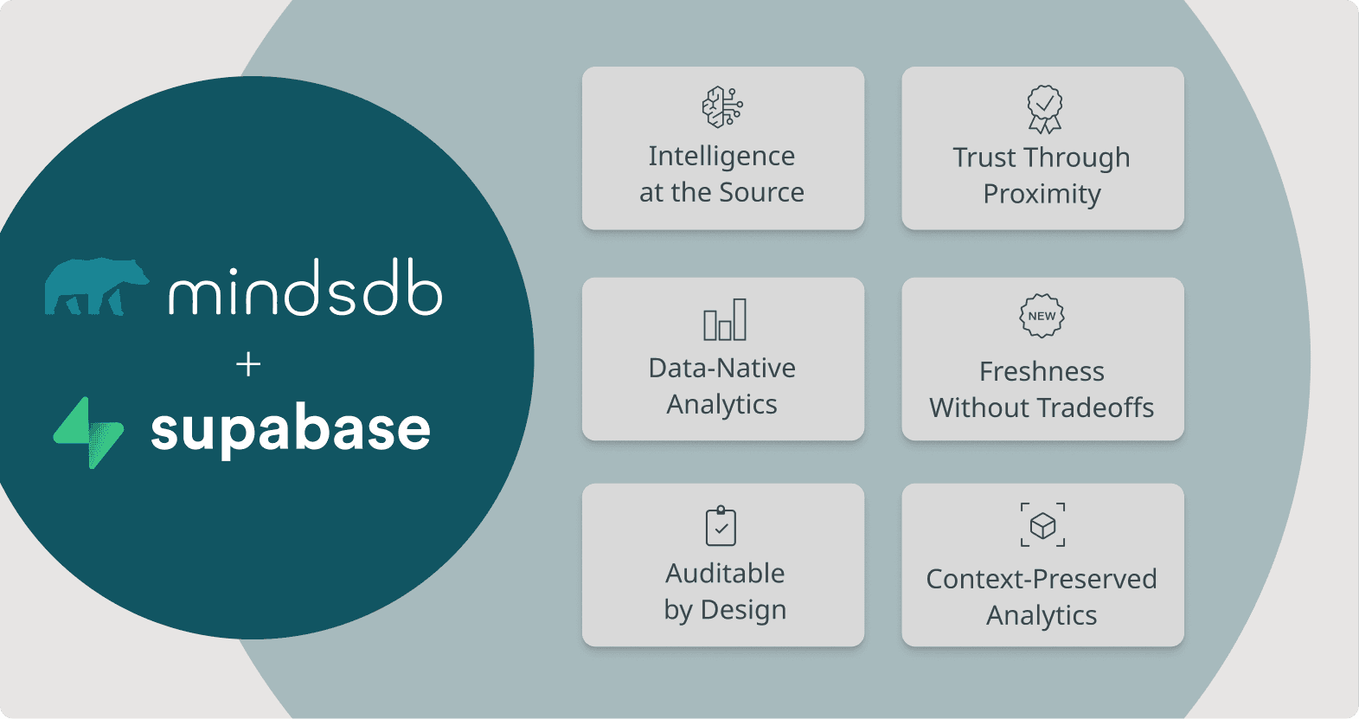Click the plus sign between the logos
[248, 364]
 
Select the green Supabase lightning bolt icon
[89, 432]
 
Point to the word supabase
[291, 429]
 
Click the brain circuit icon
[722, 107]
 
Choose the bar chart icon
[724, 320]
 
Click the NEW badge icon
[1042, 316]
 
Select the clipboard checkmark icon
[721, 526]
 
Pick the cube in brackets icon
[1042, 525]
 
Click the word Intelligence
[721, 156]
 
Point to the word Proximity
[1042, 194]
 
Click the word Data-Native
[722, 368]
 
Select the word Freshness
[1042, 371]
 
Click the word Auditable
[725, 573]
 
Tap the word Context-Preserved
[1042, 579]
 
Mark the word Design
[743, 610]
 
